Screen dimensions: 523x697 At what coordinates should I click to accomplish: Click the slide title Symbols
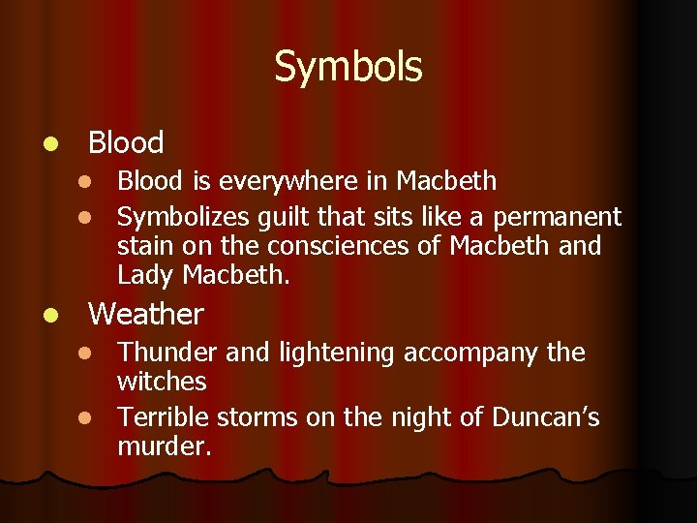point(348,67)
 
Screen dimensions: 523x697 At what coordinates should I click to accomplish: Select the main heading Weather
point(146,314)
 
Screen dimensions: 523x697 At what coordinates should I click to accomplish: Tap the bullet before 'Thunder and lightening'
point(84,354)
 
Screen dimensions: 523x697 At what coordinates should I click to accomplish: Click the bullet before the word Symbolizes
point(84,218)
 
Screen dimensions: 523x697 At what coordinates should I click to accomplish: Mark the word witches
point(162,382)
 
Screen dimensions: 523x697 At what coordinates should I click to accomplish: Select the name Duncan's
point(545,417)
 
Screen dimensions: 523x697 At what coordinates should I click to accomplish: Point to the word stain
point(143,246)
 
